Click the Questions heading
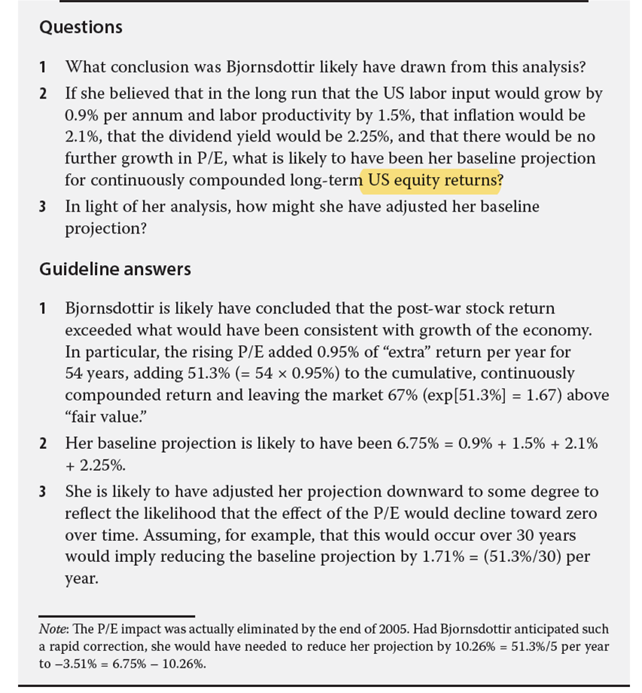point(81,27)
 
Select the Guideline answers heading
point(115,269)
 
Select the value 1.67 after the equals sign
point(564,395)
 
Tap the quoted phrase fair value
point(98,417)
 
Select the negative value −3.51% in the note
point(75,664)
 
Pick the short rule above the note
point(117,615)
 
